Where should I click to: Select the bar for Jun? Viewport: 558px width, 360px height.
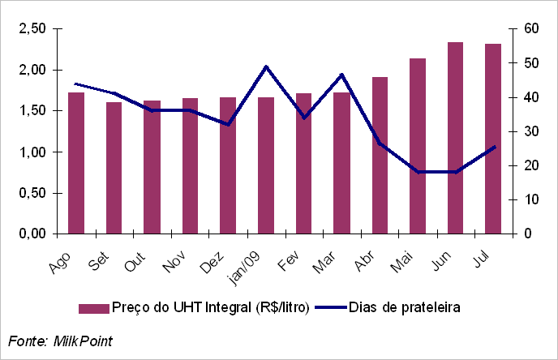coord(455,138)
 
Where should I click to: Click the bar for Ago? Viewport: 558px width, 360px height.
coord(76,163)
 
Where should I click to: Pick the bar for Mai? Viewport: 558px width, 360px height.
coord(418,146)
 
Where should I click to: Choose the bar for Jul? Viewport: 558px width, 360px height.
coord(493,139)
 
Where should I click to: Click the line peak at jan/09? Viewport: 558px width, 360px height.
coord(266,66)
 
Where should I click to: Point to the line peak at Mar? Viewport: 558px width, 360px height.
coord(341,75)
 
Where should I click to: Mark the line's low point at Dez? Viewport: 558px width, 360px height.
coord(228,124)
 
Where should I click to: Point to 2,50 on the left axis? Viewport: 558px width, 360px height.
coord(32,29)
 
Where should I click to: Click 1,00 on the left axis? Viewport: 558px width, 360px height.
coord(32,152)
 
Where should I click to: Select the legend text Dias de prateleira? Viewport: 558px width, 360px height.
coord(406,307)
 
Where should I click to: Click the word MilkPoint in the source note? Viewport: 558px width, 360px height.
coord(83,341)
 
